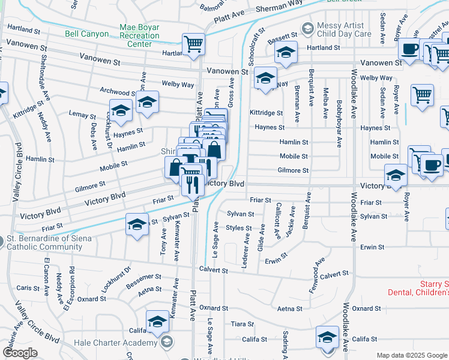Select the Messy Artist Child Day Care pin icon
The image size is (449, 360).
(308, 28)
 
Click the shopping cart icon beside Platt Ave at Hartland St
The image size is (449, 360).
(193, 43)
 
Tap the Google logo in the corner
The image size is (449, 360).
(20, 353)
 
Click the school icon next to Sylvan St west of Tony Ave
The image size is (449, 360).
(137, 224)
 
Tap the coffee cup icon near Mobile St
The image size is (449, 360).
(430, 164)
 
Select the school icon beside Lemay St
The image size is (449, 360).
(121, 110)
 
